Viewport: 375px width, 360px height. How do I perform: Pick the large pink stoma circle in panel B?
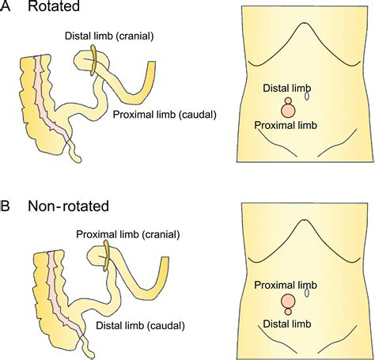pyautogui.click(x=287, y=301)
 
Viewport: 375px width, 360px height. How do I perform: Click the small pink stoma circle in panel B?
pyautogui.click(x=287, y=313)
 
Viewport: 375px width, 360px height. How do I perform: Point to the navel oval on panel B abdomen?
pyautogui.click(x=307, y=293)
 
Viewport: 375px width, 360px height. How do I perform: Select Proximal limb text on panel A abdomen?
pyautogui.click(x=287, y=125)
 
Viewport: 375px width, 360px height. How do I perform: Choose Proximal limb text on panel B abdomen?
pyautogui.click(x=287, y=283)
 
